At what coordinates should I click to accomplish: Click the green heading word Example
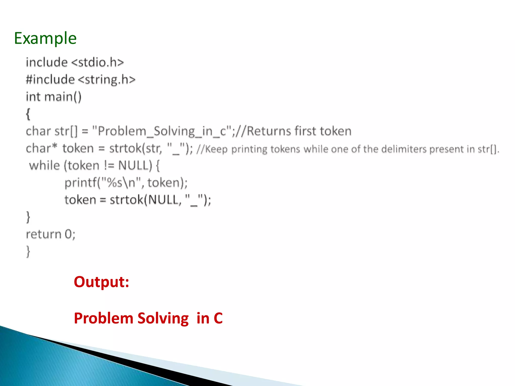[45, 38]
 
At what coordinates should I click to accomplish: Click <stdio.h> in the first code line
[98, 62]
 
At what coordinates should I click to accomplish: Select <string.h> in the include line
[107, 80]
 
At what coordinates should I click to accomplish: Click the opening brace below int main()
[28, 114]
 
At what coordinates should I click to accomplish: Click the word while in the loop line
[45, 166]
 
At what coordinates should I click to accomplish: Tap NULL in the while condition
[135, 166]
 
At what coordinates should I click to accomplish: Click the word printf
[80, 183]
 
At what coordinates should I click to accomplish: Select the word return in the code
[44, 234]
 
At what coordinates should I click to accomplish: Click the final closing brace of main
[28, 251]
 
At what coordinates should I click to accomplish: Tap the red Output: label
[101, 282]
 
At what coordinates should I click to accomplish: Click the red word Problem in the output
[103, 318]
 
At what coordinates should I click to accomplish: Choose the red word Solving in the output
[163, 318]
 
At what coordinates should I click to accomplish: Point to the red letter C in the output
[218, 318]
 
